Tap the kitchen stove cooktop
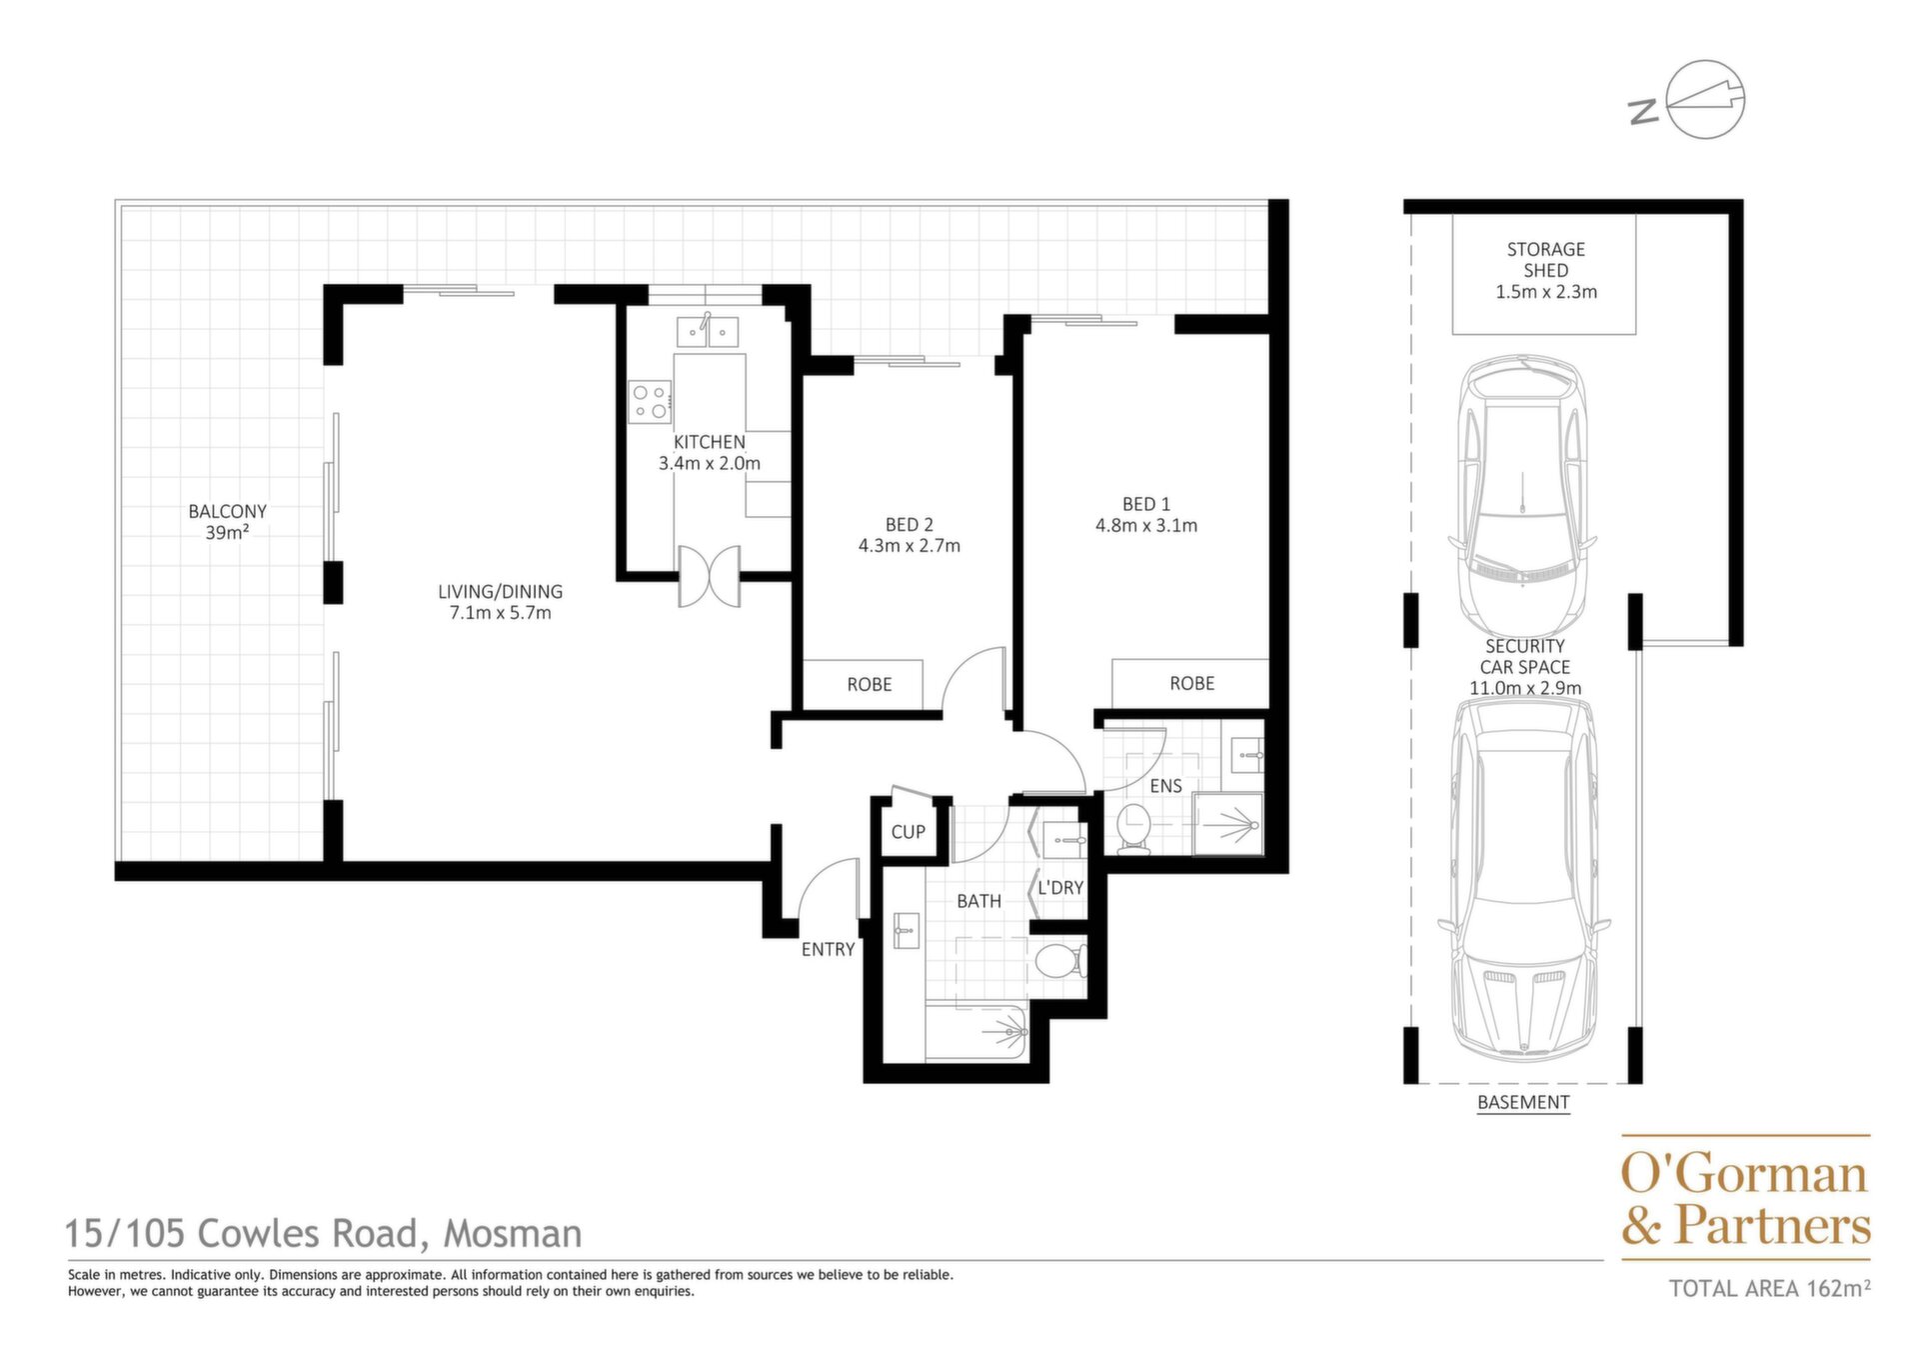click(650, 401)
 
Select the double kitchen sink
click(708, 331)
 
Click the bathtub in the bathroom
click(976, 1031)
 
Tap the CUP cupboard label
click(909, 832)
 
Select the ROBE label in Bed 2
click(870, 685)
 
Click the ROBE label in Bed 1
click(1192, 684)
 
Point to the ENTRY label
click(828, 950)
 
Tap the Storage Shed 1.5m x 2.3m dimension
click(1546, 292)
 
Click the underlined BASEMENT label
click(1523, 1102)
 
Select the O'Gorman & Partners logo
click(1745, 1198)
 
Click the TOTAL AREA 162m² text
click(1769, 1288)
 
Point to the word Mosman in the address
click(513, 1234)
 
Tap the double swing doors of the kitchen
click(710, 576)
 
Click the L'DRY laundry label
click(1060, 888)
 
